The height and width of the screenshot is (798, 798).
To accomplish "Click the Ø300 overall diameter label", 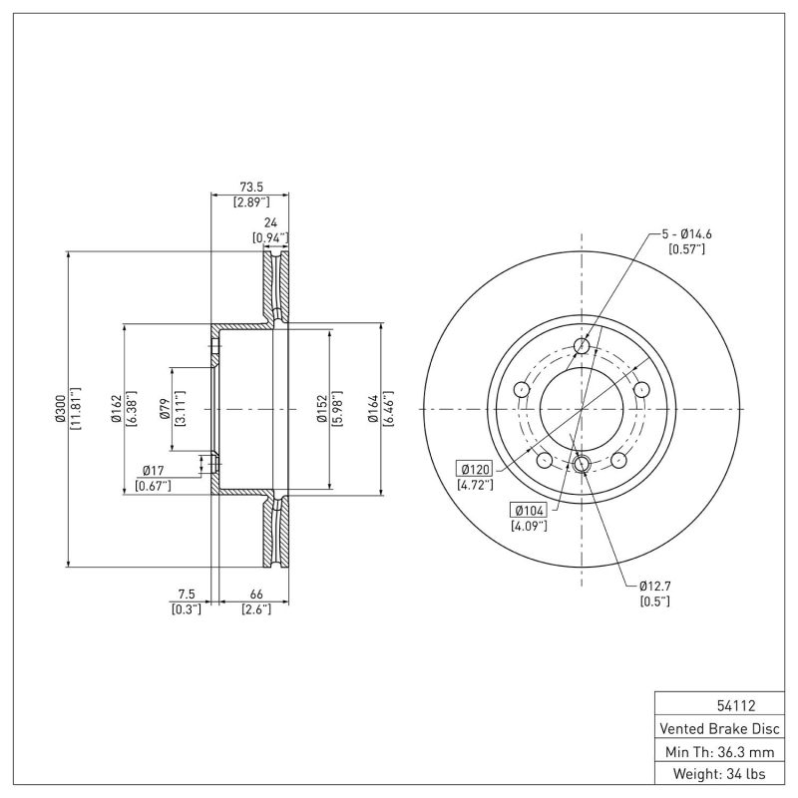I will point(60,409).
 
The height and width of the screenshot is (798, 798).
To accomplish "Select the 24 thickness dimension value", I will point(269,223).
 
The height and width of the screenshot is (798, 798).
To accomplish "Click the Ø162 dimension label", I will point(116,409).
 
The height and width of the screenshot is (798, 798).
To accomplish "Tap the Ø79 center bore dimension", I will point(166,409).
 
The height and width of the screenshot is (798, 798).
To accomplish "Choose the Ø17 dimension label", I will point(153,470).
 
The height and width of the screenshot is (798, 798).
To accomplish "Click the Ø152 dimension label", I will point(322,409).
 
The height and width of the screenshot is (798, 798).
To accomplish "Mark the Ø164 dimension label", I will point(374,409).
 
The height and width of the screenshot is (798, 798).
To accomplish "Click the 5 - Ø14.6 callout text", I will point(687,233).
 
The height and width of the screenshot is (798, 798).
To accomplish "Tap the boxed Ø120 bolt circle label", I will point(476,469).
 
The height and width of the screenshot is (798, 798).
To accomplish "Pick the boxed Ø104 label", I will point(529,509).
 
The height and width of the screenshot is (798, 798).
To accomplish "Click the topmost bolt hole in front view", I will point(583,346).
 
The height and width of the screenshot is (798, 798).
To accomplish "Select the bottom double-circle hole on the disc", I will point(583,463).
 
